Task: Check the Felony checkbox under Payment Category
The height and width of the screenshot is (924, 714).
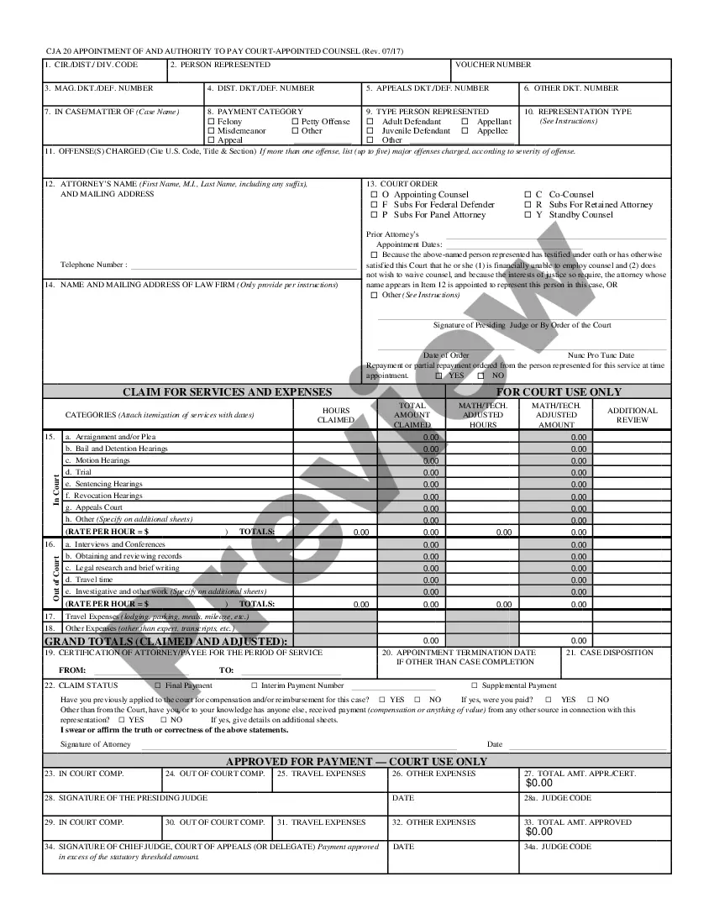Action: coord(212,122)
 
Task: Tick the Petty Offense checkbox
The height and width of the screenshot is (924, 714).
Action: coord(295,122)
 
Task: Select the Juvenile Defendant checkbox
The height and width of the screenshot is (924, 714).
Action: coord(371,131)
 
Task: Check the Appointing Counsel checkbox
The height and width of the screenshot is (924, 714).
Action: coord(374,195)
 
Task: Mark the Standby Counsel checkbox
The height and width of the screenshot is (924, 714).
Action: coord(539,215)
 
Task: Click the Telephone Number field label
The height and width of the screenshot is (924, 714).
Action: coord(93,265)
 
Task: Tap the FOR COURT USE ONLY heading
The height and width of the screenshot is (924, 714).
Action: coord(559,392)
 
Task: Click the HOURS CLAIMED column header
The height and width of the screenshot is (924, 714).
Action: coord(335,415)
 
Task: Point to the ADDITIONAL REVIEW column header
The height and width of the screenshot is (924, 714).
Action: coord(632,415)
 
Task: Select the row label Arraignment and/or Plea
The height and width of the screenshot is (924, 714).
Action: coord(115,437)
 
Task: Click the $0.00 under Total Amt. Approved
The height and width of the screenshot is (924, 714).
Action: coord(539,832)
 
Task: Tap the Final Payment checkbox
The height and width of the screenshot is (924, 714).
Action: coord(158,686)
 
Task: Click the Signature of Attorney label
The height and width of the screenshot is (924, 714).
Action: coord(95,744)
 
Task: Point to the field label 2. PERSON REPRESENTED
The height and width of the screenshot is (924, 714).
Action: coord(220,65)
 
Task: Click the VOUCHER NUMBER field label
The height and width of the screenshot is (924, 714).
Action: coord(493,65)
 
